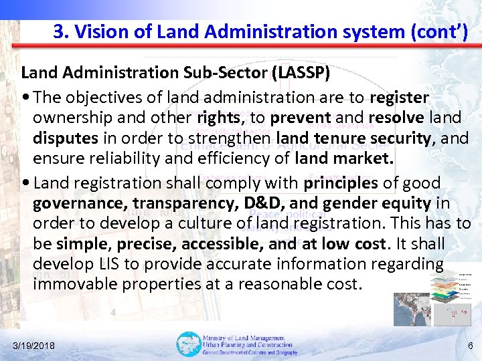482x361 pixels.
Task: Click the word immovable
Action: click(72, 283)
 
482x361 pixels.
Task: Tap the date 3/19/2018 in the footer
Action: click(35, 346)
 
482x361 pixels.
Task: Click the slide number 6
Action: click(470, 346)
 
